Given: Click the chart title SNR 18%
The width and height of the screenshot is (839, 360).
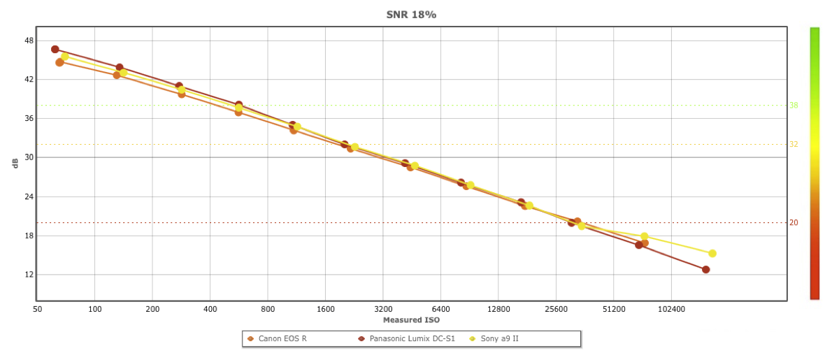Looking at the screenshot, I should click(x=411, y=15).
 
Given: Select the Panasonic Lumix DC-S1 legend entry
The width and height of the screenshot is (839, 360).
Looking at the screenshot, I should click(x=412, y=339).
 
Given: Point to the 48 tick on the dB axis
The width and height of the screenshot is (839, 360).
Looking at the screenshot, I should click(x=29, y=41).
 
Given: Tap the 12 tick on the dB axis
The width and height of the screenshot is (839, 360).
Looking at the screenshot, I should click(x=29, y=275).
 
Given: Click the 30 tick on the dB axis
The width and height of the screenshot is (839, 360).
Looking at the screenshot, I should click(x=29, y=157).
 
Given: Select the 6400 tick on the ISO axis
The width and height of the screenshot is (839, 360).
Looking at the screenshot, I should click(x=440, y=308).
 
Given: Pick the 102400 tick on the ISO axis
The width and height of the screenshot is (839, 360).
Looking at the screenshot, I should click(x=671, y=308).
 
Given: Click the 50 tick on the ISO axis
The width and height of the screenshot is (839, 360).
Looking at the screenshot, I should click(x=37, y=308).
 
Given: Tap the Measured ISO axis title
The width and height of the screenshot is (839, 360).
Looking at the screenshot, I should click(x=411, y=320).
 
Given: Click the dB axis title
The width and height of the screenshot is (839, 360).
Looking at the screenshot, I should click(x=15, y=163).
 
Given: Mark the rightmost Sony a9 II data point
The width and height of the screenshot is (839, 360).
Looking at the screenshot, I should click(x=712, y=254).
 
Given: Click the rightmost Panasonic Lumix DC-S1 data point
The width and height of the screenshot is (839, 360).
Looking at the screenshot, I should click(x=705, y=270).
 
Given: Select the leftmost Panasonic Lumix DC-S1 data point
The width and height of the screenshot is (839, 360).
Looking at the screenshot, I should click(x=55, y=50).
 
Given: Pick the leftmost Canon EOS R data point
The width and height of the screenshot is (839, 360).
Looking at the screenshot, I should click(x=59, y=62).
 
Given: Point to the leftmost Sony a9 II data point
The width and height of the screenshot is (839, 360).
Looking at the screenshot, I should click(x=64, y=57).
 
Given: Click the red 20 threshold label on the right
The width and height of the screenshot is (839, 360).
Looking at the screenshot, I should click(x=794, y=223).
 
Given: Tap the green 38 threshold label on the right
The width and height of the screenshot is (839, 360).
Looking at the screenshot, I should click(x=794, y=106).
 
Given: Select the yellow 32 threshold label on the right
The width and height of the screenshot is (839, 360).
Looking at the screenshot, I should click(x=794, y=145).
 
